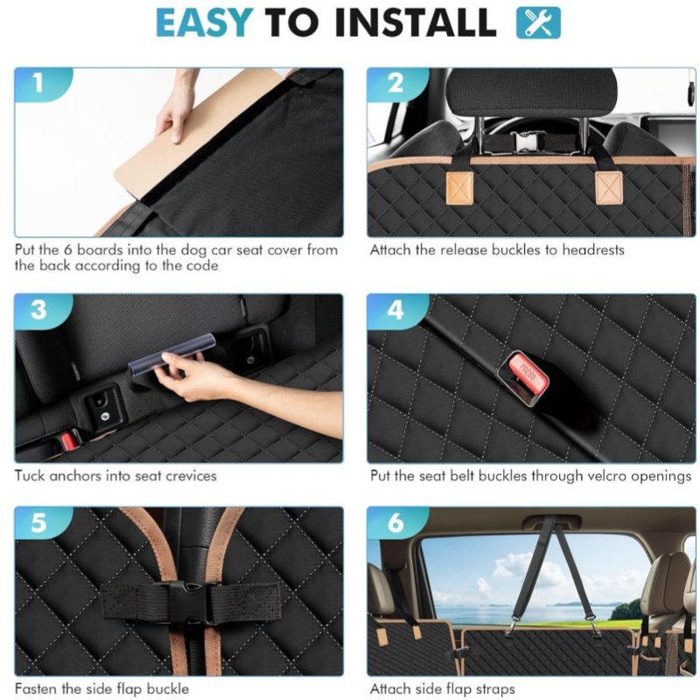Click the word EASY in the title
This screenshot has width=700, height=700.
coord(204,23)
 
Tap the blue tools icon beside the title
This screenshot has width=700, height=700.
coord(538,23)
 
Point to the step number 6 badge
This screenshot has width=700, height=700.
coord(396,522)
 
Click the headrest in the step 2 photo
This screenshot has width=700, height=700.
coord(531,93)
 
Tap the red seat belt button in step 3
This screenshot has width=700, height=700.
coord(69,440)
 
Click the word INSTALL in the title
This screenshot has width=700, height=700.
coord(415,23)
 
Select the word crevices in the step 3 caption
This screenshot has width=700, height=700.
coord(191,476)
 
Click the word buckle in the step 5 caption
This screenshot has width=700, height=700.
coord(167,689)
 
